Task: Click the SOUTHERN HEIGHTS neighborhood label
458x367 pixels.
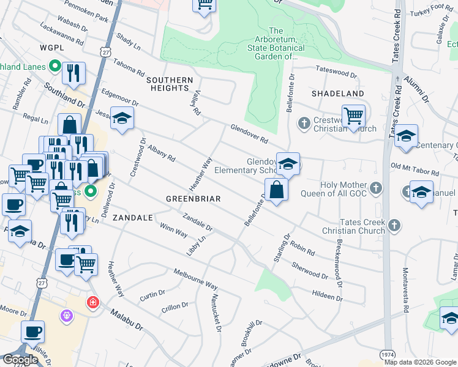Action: [170, 84]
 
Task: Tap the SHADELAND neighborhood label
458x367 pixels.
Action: [338, 94]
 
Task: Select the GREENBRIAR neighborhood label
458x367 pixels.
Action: [193, 199]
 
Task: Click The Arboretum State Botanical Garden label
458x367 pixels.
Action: [276, 43]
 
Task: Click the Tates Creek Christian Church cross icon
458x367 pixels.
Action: [394, 226]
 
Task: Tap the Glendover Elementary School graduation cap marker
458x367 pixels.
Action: [288, 164]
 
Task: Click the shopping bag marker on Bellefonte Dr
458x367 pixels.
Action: [277, 190]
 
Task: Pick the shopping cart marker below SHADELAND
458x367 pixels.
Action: [353, 116]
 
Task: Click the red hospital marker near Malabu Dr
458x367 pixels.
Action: [92, 302]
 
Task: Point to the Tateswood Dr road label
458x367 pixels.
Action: [336, 71]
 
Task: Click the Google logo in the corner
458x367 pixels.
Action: [20, 360]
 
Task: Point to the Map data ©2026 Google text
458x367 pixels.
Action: [419, 362]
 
